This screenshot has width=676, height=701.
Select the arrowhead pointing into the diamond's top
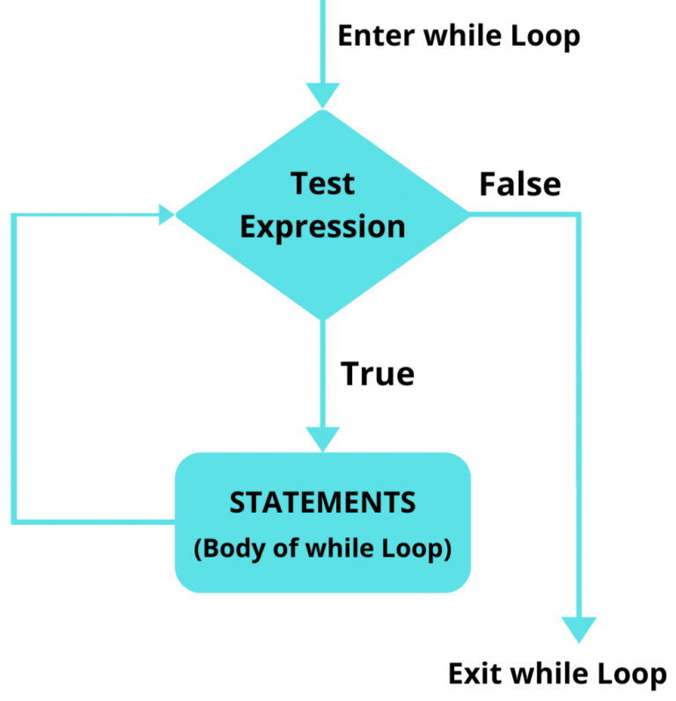(323, 94)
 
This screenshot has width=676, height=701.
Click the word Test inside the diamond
(322, 184)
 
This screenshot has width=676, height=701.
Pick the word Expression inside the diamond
(322, 226)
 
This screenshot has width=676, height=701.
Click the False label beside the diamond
(519, 185)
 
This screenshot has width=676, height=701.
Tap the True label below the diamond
(377, 374)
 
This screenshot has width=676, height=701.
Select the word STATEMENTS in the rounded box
(322, 502)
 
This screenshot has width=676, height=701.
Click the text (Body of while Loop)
(322, 549)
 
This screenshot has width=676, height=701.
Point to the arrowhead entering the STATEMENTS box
(323, 439)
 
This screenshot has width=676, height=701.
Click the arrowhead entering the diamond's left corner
(165, 214)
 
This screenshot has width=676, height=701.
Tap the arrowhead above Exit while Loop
(579, 628)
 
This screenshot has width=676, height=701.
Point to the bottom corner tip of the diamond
(323, 318)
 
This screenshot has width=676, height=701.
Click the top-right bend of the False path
(579, 214)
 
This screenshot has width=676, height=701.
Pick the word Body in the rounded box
(230, 549)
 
